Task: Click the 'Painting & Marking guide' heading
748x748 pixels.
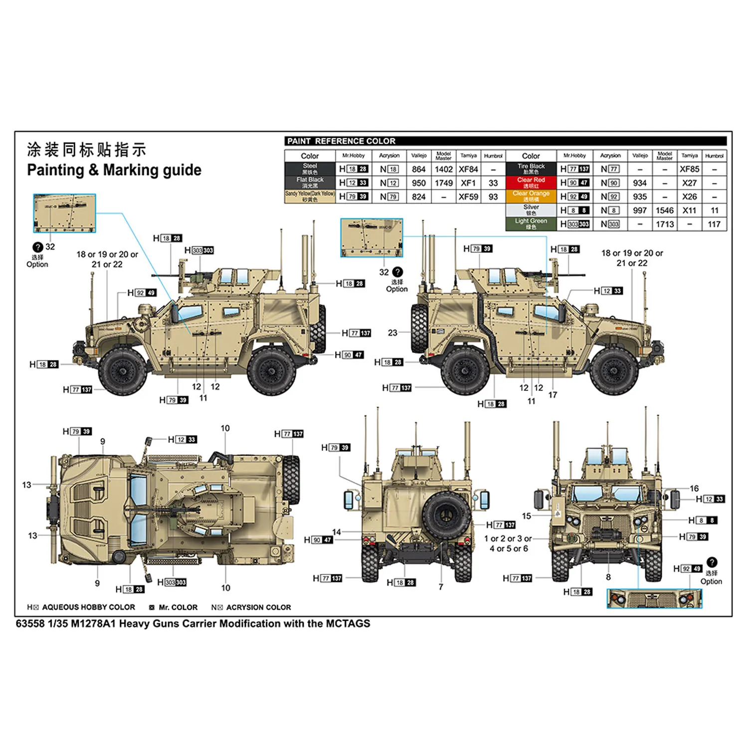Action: [114, 170]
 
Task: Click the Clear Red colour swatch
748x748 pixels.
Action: [531, 183]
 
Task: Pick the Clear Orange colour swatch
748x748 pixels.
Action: [531, 196]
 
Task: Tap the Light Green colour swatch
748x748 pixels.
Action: [531, 224]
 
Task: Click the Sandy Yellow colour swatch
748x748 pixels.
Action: [310, 196]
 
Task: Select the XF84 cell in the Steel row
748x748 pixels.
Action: [468, 170]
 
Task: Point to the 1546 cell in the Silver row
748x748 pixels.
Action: [664, 210]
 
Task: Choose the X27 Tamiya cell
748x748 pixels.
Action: [689, 183]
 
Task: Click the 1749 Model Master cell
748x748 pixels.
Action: [443, 183]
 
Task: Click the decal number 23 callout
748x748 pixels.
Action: [392, 333]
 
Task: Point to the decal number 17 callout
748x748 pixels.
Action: [553, 395]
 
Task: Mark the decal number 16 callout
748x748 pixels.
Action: [694, 488]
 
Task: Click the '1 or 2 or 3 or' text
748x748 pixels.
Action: [508, 539]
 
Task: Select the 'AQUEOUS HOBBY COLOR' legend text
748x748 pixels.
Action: [88, 607]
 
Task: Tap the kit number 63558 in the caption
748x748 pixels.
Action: [30, 624]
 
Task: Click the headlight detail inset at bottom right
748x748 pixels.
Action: [654, 598]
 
